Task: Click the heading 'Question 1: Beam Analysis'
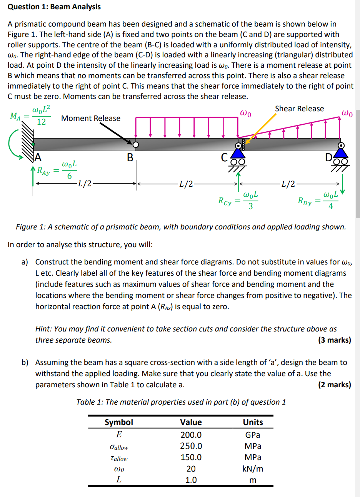tap(54, 7)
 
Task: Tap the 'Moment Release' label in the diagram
tap(90, 118)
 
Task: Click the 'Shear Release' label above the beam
tap(299, 109)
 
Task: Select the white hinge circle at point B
tap(135, 145)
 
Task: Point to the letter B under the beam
tap(130, 157)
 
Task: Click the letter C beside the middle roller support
tap(225, 157)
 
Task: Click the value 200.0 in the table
tap(191, 435)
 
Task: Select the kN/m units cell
tap(253, 469)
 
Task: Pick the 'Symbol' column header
tap(119, 422)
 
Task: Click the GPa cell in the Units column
tap(253, 435)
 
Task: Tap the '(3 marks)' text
tap(334, 340)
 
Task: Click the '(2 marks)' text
tap(334, 385)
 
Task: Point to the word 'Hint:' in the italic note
tap(43, 329)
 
